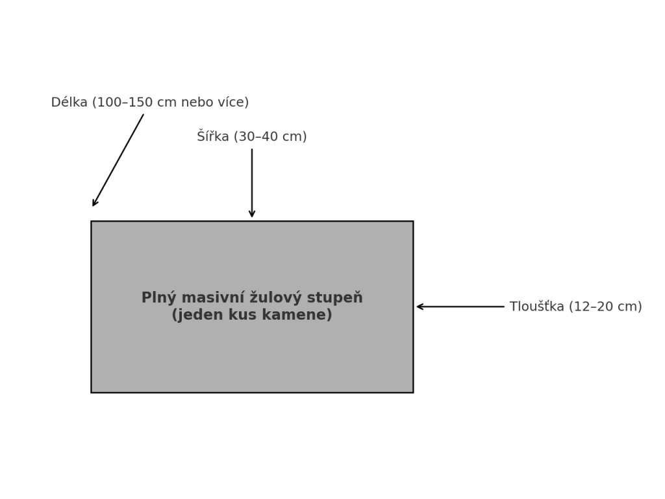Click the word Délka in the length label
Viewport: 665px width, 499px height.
point(69,103)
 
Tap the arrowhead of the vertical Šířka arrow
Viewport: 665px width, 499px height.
point(252,214)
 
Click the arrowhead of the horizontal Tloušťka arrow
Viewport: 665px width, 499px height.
point(420,307)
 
